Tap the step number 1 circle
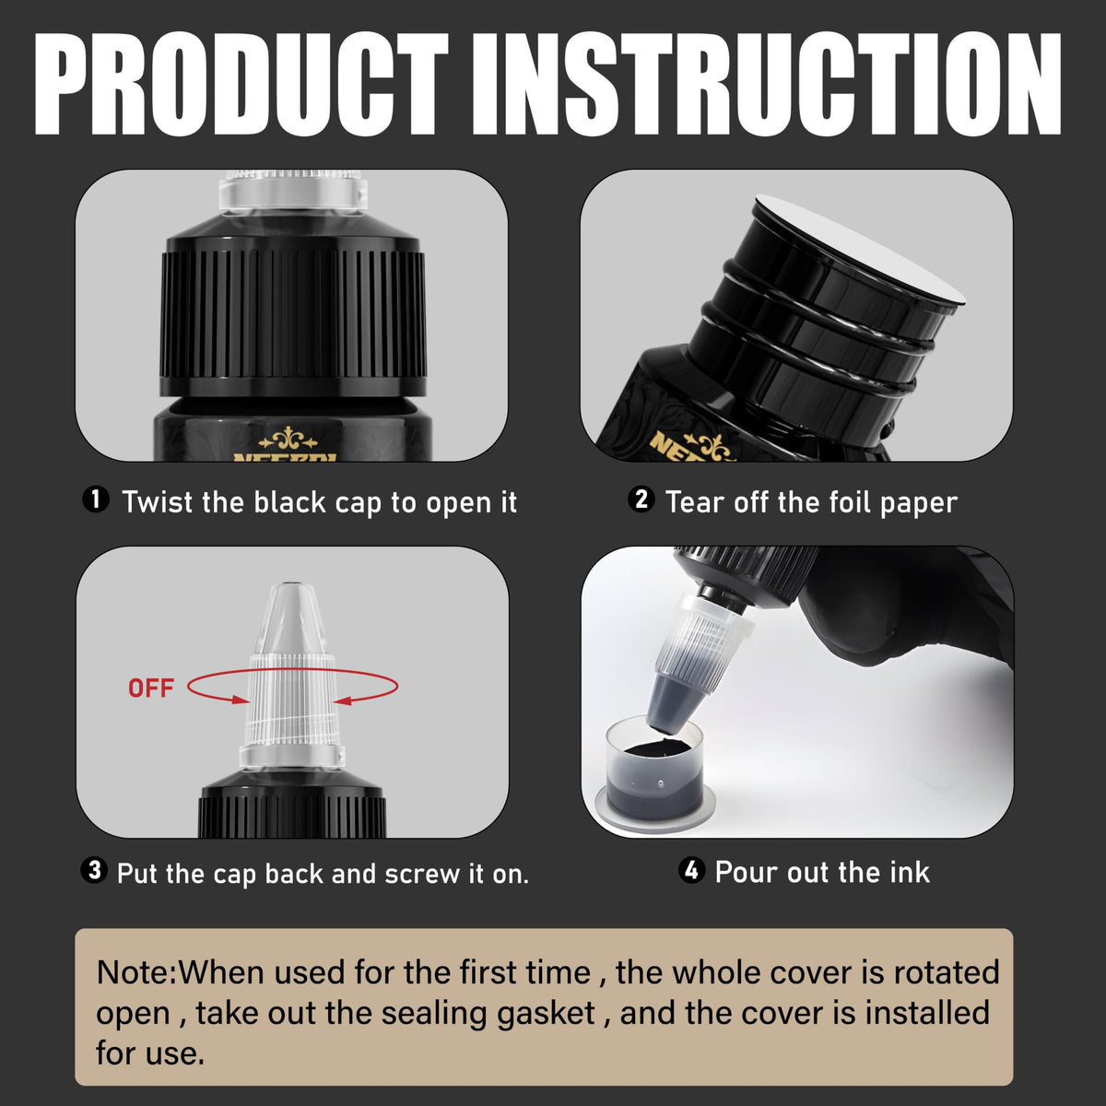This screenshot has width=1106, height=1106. [96, 500]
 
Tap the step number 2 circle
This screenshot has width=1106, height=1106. [641, 500]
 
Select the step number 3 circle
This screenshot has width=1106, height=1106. [94, 871]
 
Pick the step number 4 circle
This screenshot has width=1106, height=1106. [691, 870]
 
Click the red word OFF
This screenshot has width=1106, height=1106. [151, 688]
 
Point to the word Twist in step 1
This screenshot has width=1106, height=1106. [158, 502]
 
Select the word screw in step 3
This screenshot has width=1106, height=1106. [422, 874]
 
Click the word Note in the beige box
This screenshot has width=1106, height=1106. [133, 973]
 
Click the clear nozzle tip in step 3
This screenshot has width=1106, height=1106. [292, 620]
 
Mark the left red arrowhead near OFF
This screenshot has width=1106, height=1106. [241, 700]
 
